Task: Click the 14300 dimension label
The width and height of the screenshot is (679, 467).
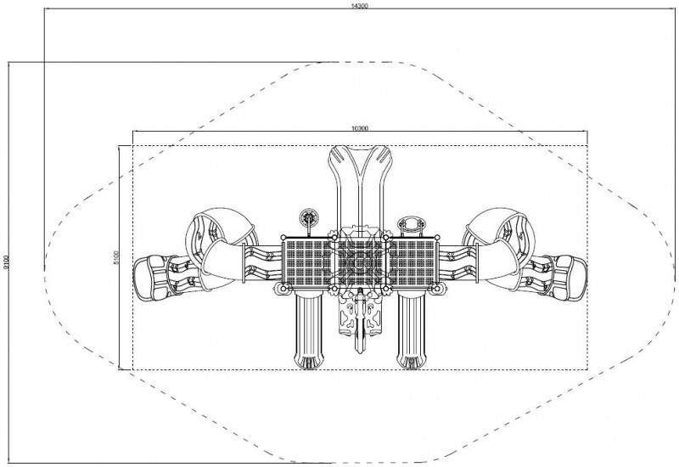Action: click(359, 6)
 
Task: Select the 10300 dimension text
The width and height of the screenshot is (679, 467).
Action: click(360, 128)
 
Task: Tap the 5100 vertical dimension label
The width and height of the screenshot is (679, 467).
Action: click(115, 258)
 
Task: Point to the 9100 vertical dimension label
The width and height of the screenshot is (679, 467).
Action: click(5, 262)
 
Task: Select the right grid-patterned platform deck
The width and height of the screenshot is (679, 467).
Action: click(412, 262)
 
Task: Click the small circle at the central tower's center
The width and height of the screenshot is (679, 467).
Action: click(359, 262)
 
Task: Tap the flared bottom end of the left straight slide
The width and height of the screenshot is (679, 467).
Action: click(309, 360)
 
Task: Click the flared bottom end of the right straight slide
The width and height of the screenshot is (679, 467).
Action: click(412, 360)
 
